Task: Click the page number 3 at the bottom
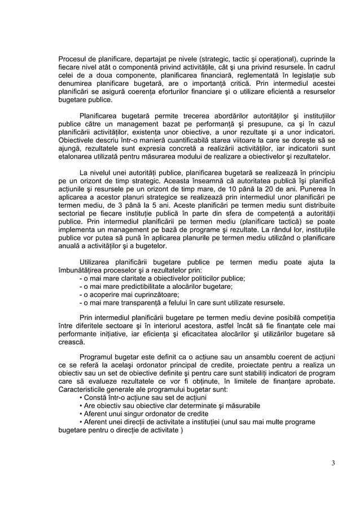[x=333, y=464]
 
